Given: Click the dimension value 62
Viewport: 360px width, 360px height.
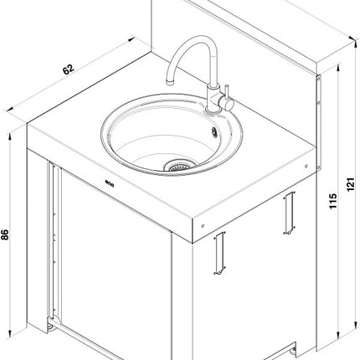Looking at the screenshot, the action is [68, 69].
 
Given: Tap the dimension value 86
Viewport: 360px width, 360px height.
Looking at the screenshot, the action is [5, 234].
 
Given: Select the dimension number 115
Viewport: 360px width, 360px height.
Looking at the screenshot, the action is [332, 201].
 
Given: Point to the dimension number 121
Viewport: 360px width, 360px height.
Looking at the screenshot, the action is [351, 184].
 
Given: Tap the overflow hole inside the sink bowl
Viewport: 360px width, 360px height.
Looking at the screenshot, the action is [214, 131].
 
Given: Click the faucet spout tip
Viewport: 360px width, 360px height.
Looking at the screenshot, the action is [170, 82].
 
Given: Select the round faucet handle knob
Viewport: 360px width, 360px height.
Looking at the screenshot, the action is [229, 104].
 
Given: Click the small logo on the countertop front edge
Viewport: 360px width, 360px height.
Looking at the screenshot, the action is [110, 183].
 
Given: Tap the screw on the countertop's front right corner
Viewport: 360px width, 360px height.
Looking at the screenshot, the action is [203, 225].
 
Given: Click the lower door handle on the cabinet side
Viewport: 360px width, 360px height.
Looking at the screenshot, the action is [219, 253].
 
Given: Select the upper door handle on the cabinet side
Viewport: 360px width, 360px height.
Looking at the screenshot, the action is [290, 213].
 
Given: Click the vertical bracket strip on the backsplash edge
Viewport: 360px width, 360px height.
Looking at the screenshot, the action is [318, 122].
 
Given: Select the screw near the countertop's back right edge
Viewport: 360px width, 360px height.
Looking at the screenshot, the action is [306, 167].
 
